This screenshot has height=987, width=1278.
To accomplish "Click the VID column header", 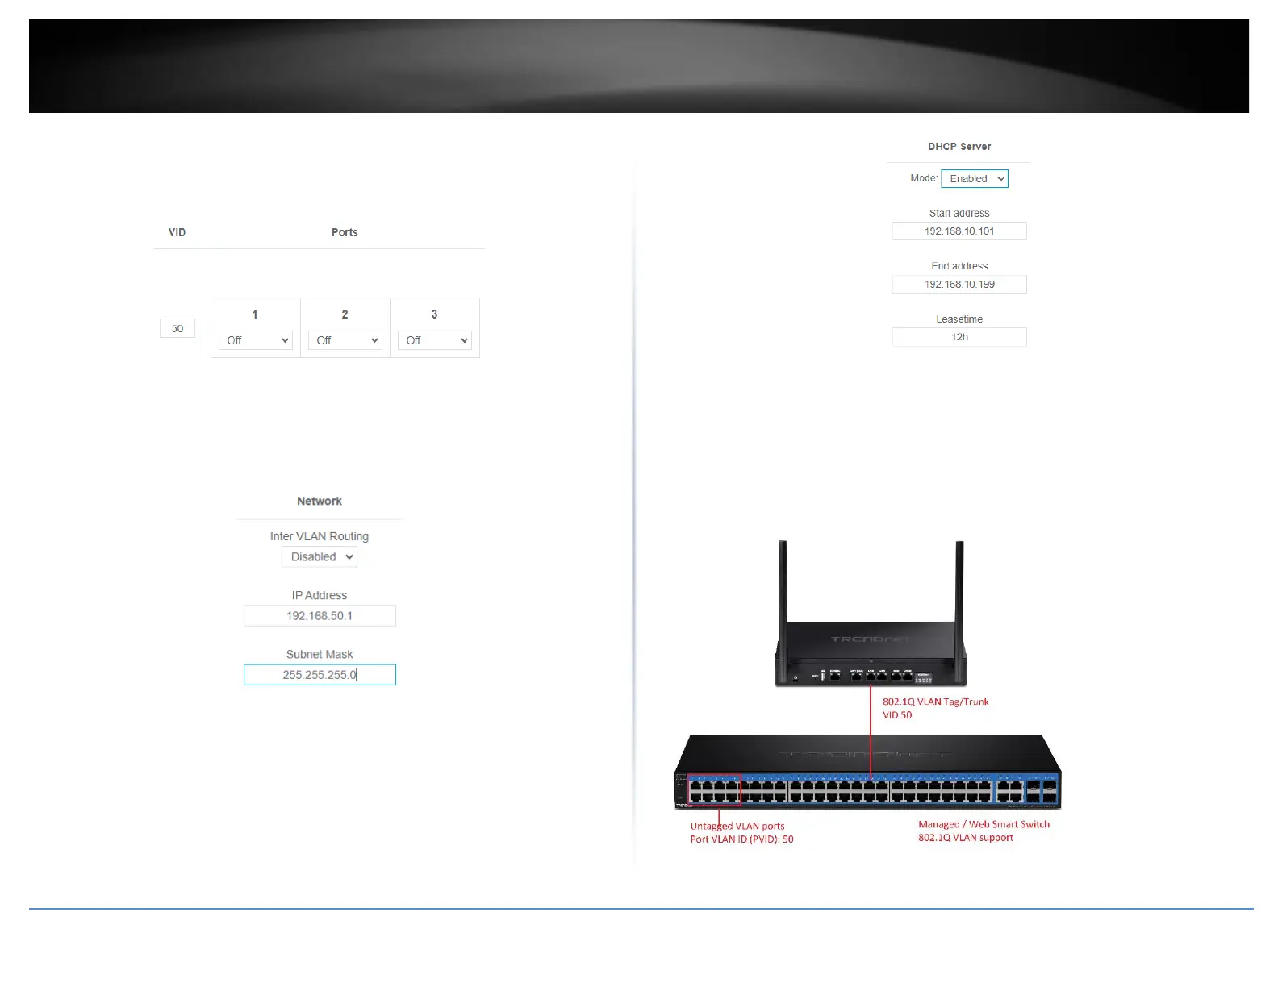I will coord(177,232).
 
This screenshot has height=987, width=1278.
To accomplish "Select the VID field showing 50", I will coord(177,328).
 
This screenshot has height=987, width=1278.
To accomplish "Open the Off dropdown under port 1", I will coord(255,340).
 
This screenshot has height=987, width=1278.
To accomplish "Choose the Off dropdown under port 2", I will coord(345,340).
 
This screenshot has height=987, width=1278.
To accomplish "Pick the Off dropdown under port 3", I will coord(434,340).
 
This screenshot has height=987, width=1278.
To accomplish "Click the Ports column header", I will coord(345,232).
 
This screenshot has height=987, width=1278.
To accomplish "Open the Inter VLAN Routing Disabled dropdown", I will coord(319,556).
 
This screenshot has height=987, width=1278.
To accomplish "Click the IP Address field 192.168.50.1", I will coord(319,615).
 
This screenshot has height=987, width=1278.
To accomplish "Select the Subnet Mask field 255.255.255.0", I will coord(319,674).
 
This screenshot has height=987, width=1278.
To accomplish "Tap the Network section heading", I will coord(319,501).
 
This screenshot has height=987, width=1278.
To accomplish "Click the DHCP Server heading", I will coord(959,146).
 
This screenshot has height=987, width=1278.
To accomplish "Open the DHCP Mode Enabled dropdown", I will coord(975,178).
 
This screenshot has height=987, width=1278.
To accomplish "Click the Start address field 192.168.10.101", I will coord(959,231).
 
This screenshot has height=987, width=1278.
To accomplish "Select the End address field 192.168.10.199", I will coord(959,284).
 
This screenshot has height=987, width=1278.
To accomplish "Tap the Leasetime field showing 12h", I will coord(959,337).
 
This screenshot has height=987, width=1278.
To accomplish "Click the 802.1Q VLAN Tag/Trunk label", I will coord(935,702).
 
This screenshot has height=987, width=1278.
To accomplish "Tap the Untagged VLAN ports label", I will coord(737,826).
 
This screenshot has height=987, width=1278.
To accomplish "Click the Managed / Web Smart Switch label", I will coord(984,824).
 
